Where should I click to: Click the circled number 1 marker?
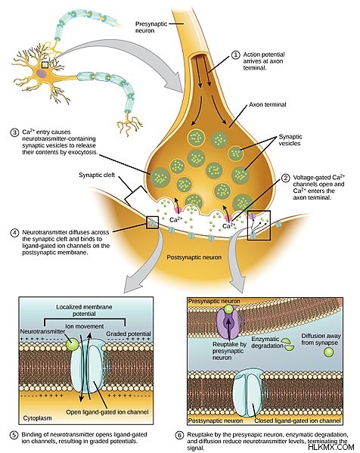click(236, 54)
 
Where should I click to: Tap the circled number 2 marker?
click(285, 178)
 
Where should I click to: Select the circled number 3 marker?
click(14, 132)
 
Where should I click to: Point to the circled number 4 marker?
click(14, 233)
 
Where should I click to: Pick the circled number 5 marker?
click(14, 435)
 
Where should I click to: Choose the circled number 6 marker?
click(179, 435)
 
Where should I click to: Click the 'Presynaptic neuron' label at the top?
click(151, 27)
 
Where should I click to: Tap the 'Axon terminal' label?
click(268, 104)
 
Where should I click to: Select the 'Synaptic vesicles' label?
click(290, 140)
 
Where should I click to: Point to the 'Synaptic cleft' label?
click(97, 175)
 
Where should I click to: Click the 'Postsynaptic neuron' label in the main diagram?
click(194, 257)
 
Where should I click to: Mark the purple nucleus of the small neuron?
click(42, 73)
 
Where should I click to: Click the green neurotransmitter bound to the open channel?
click(72, 344)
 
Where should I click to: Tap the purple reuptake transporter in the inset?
click(228, 323)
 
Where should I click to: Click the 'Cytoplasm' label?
click(37, 418)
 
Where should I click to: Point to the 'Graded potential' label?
click(129, 334)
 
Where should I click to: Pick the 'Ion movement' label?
click(85, 327)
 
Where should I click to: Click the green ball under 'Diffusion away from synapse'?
click(328, 352)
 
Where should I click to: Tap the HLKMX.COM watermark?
click(331, 447)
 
